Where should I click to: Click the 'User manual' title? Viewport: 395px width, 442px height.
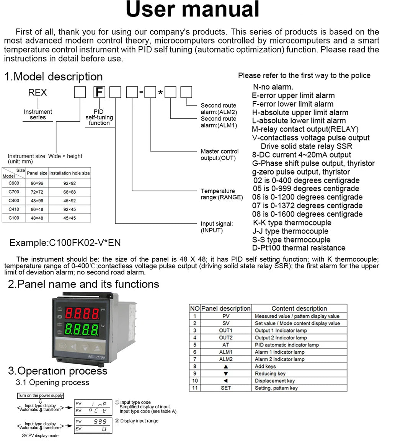click(193, 10)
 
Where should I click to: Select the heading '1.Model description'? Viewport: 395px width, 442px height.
click(54, 77)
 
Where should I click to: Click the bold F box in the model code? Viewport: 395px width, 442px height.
click(99, 92)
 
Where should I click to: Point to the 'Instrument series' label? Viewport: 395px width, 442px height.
click(38, 114)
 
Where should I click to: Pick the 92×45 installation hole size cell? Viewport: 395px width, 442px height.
click(69, 209)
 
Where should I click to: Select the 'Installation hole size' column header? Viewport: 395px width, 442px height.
click(70, 173)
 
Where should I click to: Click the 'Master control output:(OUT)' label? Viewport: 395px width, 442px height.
click(219, 155)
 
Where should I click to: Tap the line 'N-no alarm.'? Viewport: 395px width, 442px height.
click(273, 87)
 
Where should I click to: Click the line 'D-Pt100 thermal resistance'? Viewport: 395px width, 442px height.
click(299, 248)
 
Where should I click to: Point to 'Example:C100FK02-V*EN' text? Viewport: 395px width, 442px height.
click(65, 243)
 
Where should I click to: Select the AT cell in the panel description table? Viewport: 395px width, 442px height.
click(226, 345)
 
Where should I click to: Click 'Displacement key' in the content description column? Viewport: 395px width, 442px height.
click(275, 381)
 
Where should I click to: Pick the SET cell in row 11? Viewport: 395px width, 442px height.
click(226, 388)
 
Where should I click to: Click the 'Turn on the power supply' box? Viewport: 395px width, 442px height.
click(41, 396)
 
